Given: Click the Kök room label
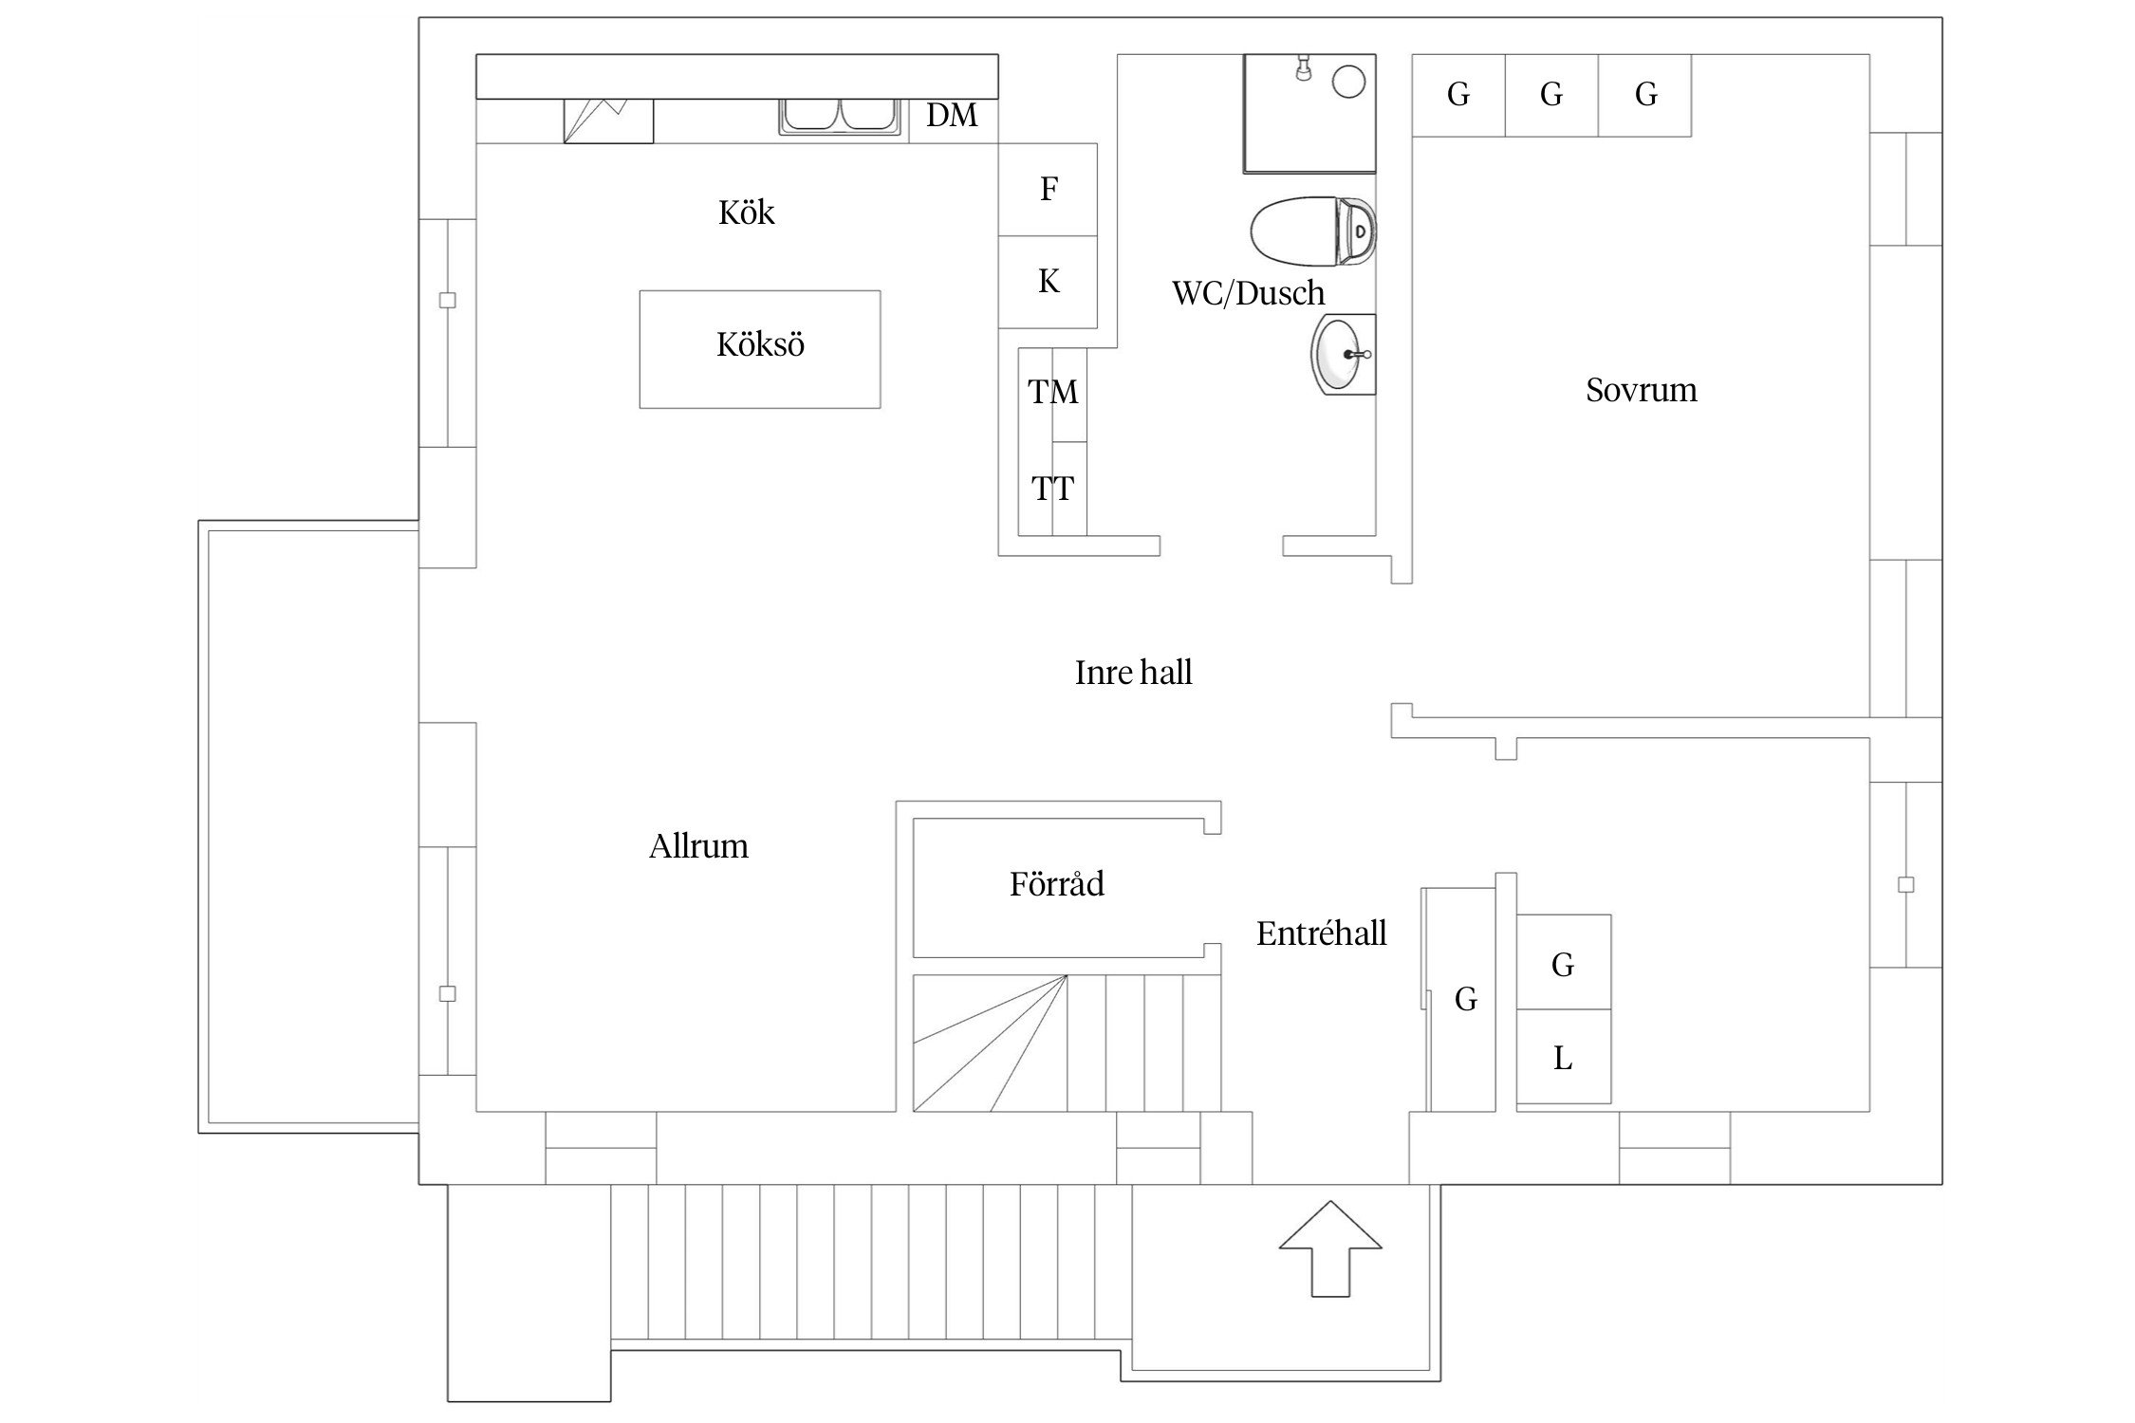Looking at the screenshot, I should click(x=746, y=213).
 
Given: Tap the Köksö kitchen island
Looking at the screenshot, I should click(x=759, y=349).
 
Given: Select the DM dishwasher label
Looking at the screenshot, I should click(x=952, y=116).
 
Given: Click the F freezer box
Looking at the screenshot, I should click(x=1048, y=190).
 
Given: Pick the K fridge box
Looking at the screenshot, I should click(x=1048, y=282).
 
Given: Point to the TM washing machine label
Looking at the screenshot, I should click(x=1052, y=392).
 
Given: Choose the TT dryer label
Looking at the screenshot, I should click(x=1052, y=490).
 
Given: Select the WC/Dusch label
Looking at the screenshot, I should click(x=1248, y=293).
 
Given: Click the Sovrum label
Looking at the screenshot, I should click(x=1641, y=390).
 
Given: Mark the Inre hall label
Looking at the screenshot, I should click(x=1133, y=673).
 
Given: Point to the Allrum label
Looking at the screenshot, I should click(x=698, y=846).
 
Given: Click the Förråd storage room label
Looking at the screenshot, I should click(x=1056, y=884).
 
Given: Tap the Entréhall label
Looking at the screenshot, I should click(x=1321, y=933).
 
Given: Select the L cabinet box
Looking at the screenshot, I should click(x=1563, y=1057).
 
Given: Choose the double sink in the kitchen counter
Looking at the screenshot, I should click(x=840, y=116).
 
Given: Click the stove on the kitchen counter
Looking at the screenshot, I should click(x=608, y=120).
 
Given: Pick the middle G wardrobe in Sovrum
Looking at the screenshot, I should click(x=1551, y=95).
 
